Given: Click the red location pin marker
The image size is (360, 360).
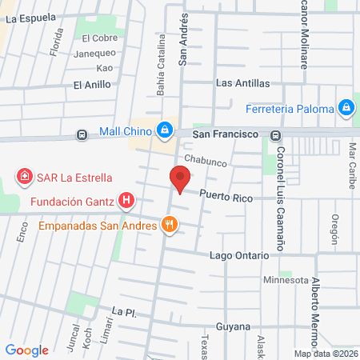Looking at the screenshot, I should point(179,180).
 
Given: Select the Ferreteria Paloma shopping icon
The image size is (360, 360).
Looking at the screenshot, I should point(346,106).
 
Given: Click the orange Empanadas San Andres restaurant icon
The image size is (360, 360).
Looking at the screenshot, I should point(168,225).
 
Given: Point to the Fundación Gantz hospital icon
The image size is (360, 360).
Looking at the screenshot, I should point(126,200).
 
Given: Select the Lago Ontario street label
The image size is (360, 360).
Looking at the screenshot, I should point(238,254).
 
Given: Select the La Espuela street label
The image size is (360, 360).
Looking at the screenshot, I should point(30,16).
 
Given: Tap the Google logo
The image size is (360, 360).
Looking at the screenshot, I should point(27,350).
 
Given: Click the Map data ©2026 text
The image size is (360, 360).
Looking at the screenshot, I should point(326,354).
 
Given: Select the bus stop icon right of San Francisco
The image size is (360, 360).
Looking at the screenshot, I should point(275,134).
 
